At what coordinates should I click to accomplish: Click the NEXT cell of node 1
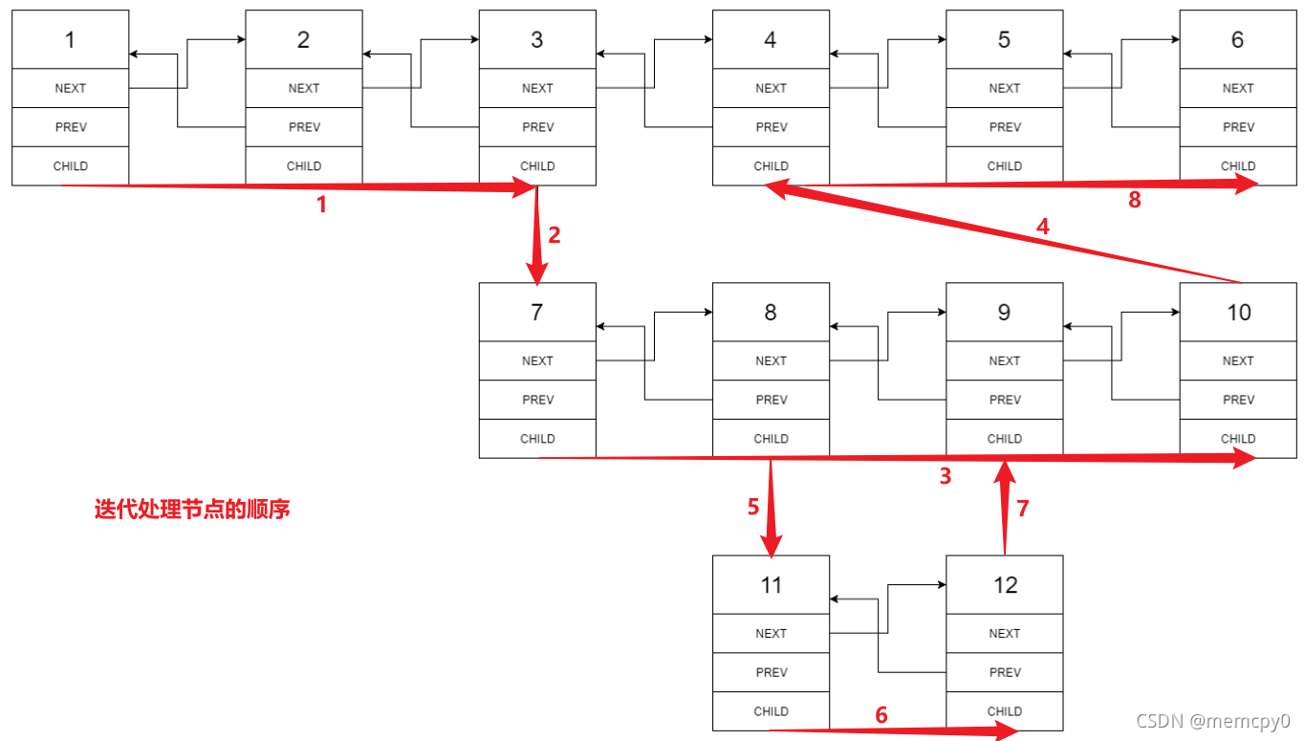[x=70, y=88]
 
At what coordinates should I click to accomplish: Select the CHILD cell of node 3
[x=537, y=165]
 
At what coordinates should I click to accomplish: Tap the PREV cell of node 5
[x=1004, y=127]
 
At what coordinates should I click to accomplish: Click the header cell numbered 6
[x=1237, y=39]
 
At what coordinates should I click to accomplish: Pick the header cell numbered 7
[x=537, y=312]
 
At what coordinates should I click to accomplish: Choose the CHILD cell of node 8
[x=771, y=439]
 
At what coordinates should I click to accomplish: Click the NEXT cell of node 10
[x=1237, y=360]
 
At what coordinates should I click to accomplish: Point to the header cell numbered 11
[x=771, y=584]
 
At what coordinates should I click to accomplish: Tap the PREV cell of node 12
[x=1004, y=672]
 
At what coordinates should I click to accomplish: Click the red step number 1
[x=321, y=205]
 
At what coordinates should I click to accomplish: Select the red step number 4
[x=1043, y=227]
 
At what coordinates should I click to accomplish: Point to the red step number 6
[x=881, y=714]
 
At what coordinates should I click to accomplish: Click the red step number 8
[x=1135, y=201]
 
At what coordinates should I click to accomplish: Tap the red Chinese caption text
[x=191, y=510]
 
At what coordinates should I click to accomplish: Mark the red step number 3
[x=946, y=476]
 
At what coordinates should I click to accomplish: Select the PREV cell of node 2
[x=304, y=127]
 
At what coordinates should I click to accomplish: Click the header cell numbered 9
[x=1004, y=312]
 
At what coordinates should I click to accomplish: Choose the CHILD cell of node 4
[x=771, y=165]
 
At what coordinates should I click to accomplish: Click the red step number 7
[x=1023, y=508]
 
